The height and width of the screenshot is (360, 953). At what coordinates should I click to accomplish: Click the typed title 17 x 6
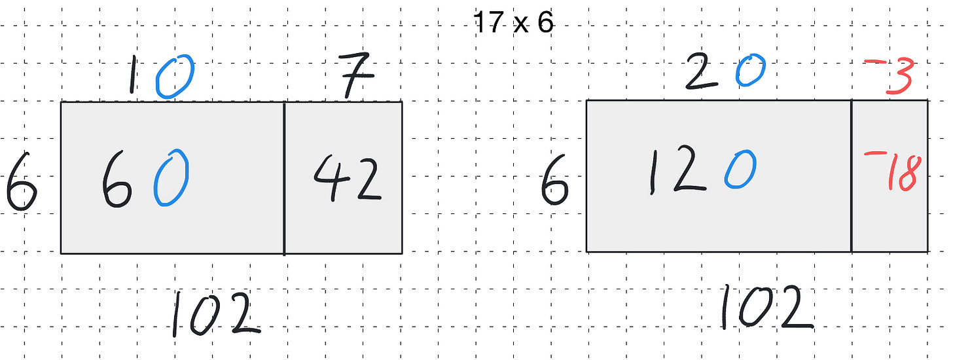514,24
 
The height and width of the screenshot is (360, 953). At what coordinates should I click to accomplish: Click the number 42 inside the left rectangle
346,180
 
